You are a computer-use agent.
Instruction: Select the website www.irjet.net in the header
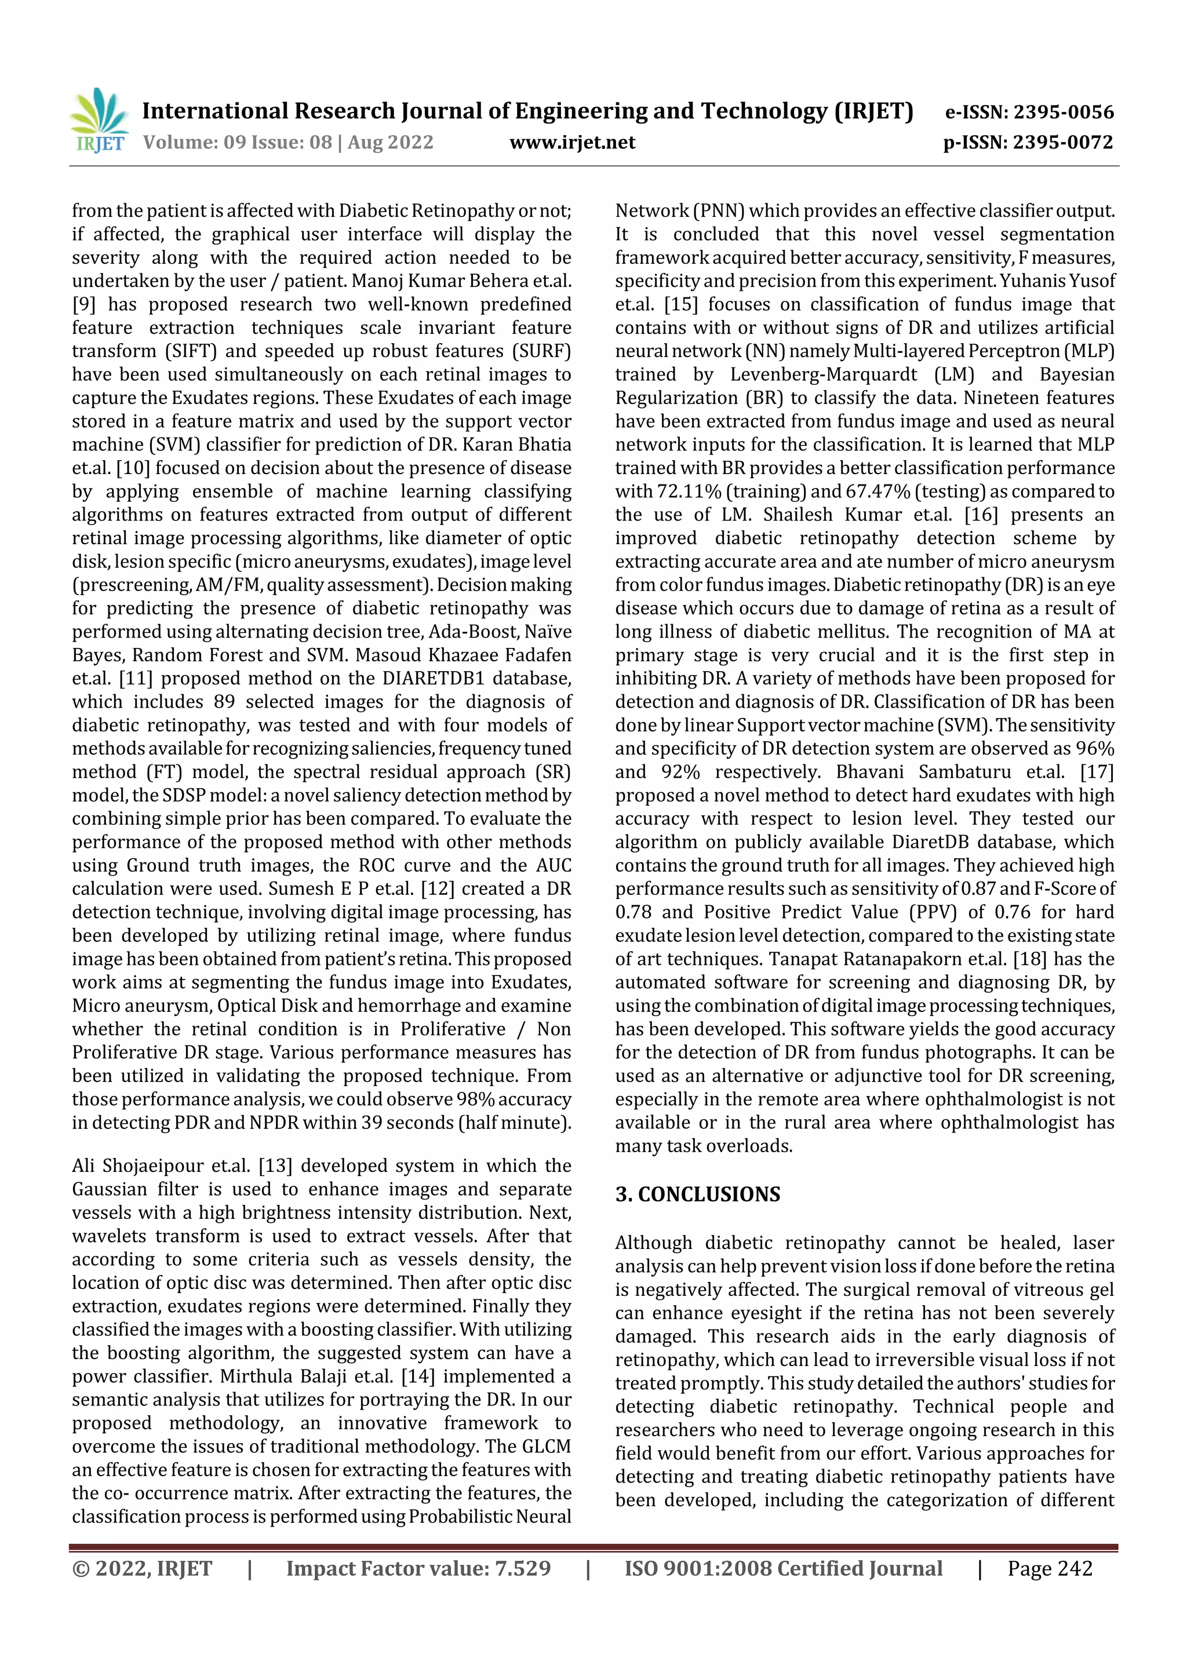coord(572,143)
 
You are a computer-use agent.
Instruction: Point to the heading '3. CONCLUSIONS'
coord(697,1194)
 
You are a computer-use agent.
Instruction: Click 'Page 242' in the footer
coord(1050,1568)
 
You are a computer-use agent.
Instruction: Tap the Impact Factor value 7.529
coord(522,1568)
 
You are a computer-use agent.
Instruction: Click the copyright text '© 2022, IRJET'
coord(142,1568)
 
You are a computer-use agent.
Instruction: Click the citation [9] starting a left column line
coord(83,304)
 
